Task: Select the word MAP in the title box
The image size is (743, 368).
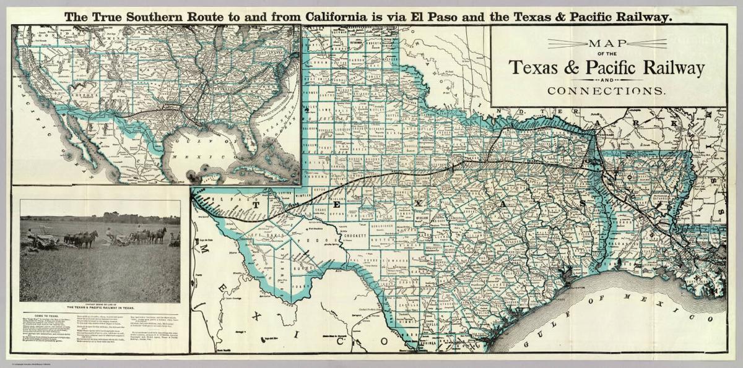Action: (606, 43)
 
